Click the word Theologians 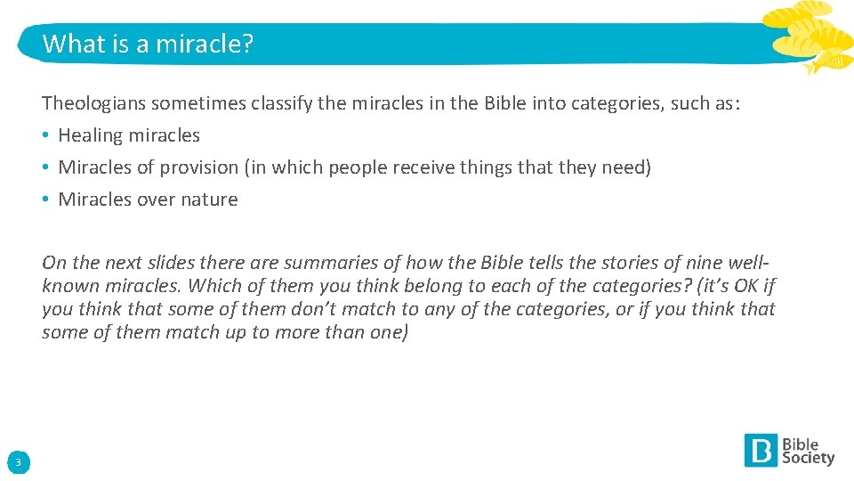click(93, 102)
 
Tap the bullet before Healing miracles click(46, 135)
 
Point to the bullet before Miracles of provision click(46, 167)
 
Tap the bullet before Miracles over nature click(46, 200)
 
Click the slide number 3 click(18, 461)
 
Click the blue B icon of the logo click(761, 450)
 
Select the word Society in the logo click(808, 458)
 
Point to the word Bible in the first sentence click(505, 102)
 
